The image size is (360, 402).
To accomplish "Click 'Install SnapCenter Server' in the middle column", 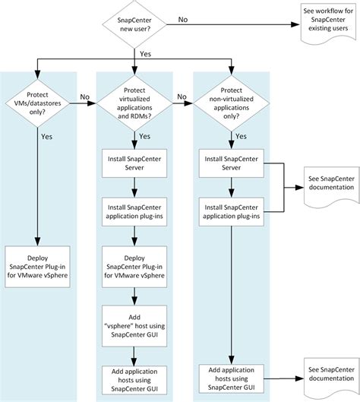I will click(134, 162).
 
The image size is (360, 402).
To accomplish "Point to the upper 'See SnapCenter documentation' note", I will click(330, 183).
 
